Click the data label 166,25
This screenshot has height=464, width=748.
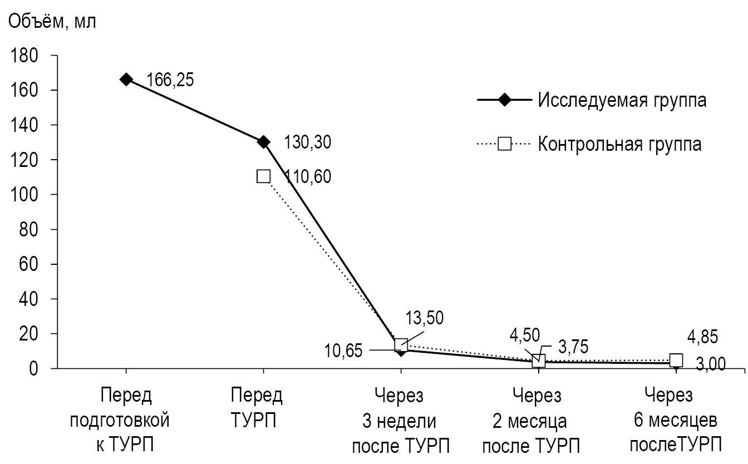coord(170,80)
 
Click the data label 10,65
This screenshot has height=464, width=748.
coord(343,351)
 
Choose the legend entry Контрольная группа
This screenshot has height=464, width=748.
coord(619,144)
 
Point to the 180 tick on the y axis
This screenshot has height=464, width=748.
coord(25,56)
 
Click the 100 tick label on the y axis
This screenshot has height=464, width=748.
coord(25,195)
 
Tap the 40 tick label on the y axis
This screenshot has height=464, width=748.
coord(29,299)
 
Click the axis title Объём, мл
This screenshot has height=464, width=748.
coord(51,22)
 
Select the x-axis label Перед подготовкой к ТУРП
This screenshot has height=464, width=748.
coord(126,421)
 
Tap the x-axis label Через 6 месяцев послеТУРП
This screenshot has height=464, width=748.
coord(675,421)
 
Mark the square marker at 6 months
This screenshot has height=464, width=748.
coord(676,360)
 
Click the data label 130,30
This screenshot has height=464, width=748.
coord(307,142)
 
